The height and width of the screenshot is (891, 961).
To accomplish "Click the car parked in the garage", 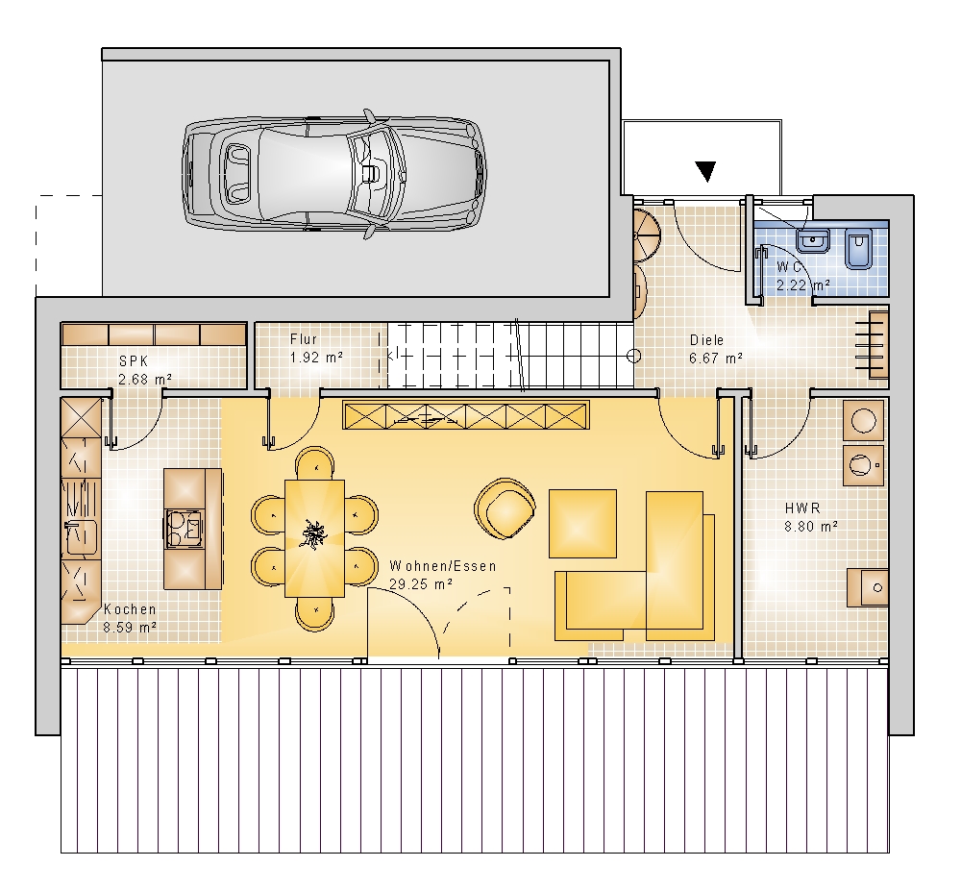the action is [334, 174].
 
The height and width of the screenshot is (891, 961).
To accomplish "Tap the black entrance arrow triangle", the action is [706, 171].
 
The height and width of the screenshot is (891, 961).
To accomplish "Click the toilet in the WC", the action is [858, 248].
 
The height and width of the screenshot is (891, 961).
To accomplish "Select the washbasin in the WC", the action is [813, 239].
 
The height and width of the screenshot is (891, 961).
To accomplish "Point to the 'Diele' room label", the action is [706, 340].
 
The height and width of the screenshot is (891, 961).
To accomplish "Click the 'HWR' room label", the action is [802, 508].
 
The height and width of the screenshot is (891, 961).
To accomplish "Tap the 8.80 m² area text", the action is [811, 527].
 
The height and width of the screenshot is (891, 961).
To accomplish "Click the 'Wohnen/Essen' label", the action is [442, 566].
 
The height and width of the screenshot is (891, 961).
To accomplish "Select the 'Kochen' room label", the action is [130, 609].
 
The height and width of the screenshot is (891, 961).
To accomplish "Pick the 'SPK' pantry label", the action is [134, 361].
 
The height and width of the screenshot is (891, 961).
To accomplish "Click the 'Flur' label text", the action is [304, 339].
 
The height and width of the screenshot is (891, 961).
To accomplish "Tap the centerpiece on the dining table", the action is [314, 534].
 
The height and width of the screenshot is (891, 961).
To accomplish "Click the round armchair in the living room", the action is [505, 508].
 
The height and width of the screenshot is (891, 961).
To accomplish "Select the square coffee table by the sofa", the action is [582, 523].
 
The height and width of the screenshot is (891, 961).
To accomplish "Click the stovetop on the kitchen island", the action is [183, 529].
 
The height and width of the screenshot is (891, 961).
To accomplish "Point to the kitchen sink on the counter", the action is [81, 537].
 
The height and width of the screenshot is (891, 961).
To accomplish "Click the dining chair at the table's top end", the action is [315, 463].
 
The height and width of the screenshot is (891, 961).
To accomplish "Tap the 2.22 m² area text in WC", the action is [802, 285].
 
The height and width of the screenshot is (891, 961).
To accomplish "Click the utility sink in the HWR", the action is [868, 587].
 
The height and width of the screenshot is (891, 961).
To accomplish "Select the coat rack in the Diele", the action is [878, 344].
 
